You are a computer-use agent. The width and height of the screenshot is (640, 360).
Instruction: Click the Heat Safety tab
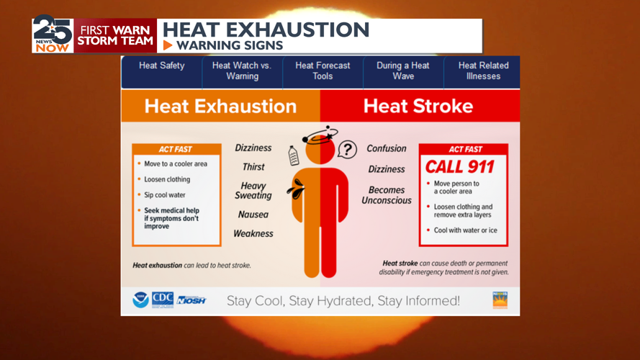161,66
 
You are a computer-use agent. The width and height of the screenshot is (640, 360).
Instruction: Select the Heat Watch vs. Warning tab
242,71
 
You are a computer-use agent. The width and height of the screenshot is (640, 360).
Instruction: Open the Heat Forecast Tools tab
323,71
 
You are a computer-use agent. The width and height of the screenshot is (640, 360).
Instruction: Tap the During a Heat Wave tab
402,71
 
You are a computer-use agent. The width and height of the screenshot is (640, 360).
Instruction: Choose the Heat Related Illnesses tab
483,71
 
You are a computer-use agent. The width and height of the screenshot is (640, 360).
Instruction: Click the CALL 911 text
459,167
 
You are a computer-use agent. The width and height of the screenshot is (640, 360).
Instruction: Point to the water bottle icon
294,156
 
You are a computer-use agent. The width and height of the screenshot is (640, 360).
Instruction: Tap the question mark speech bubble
348,149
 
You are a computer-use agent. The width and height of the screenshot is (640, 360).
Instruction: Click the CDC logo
163,300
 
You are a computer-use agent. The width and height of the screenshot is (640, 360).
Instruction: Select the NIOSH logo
191,300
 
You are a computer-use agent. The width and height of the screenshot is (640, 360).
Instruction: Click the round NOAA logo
140,300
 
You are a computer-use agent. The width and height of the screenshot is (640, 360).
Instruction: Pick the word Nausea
253,215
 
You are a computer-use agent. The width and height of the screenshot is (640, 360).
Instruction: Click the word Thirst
253,167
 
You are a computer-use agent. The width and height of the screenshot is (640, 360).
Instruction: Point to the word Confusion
387,148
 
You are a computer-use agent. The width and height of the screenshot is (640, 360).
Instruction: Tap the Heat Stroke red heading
418,107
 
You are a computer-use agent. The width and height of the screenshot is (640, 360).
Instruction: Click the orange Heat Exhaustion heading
220,107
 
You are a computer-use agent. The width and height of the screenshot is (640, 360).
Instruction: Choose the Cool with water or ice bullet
465,230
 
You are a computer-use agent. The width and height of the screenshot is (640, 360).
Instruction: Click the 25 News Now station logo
52,35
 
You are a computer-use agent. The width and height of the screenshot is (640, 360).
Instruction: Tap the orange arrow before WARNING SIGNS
168,45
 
